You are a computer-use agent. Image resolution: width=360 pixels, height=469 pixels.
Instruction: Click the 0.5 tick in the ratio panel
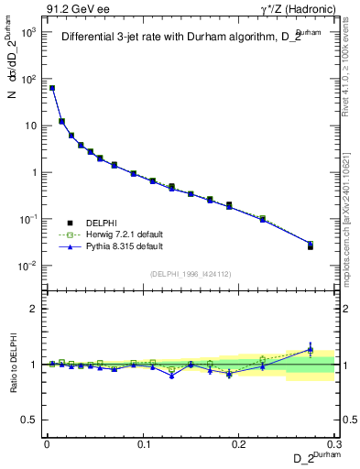click(33, 420)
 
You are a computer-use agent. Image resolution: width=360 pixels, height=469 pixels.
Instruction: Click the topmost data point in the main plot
click(52, 88)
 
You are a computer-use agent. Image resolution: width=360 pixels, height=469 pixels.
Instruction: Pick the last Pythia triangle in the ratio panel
click(310, 349)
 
